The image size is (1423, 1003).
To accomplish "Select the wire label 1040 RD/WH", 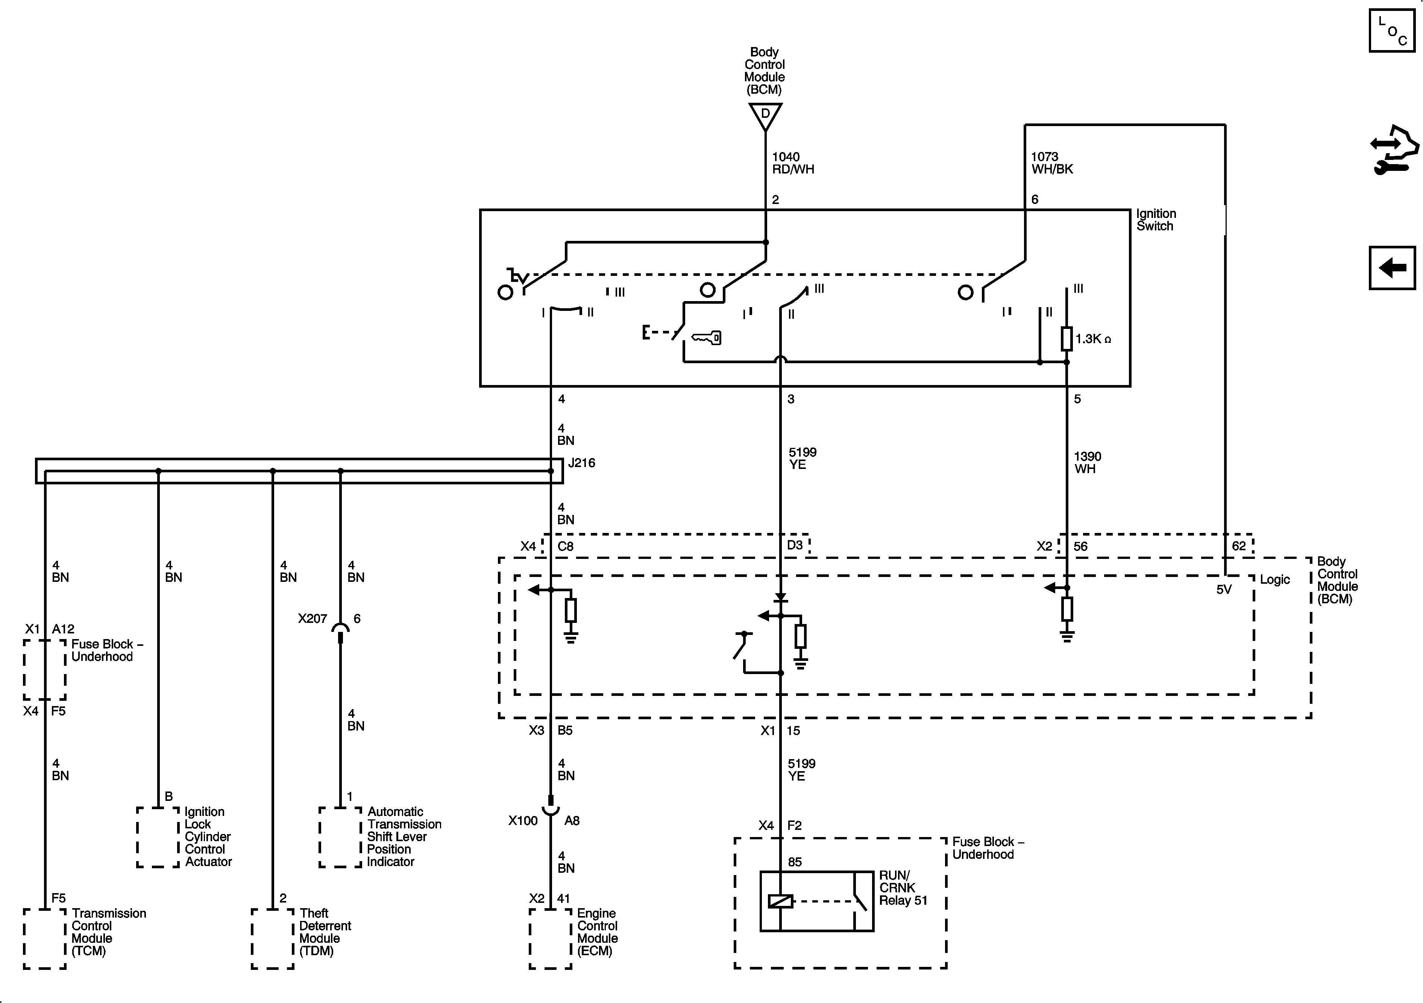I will click(793, 163).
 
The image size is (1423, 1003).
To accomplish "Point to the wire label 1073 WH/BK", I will click(1052, 163).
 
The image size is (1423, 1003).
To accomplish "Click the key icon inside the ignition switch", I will click(707, 338).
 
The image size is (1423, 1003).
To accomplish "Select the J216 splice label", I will click(581, 463).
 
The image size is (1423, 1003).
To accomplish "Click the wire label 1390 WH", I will click(1087, 463).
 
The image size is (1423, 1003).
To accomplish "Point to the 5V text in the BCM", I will click(1223, 590).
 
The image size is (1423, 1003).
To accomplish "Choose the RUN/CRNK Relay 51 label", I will click(903, 887).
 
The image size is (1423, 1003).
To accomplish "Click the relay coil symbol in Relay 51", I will click(780, 901).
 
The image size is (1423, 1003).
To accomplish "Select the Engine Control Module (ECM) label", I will click(597, 931).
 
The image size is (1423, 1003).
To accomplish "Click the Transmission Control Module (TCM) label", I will click(108, 931).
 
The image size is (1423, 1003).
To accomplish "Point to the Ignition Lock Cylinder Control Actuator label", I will click(208, 836).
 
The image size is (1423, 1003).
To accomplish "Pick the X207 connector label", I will click(312, 618).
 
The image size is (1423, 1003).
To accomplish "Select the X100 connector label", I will click(522, 820).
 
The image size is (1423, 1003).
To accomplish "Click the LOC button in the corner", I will click(1391, 31).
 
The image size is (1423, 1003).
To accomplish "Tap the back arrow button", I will click(1391, 268).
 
